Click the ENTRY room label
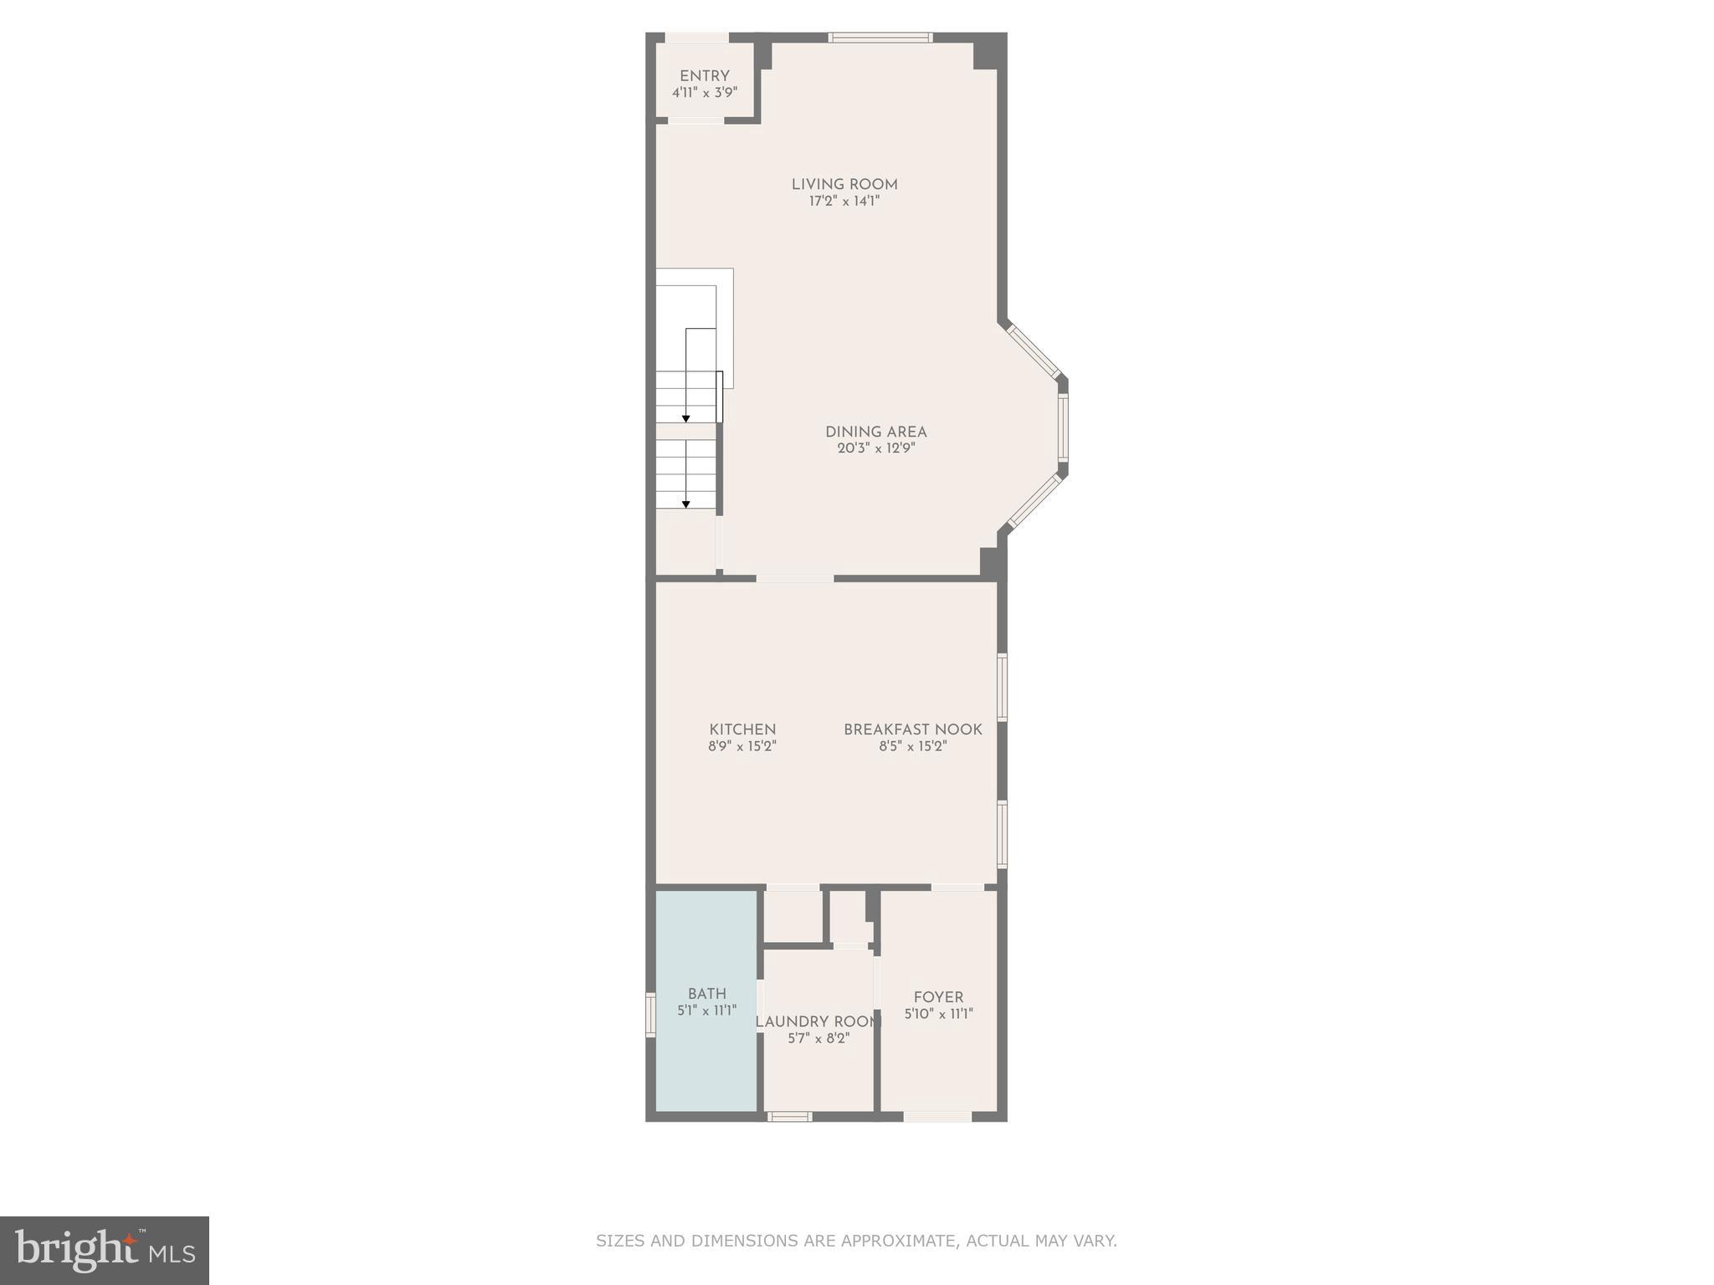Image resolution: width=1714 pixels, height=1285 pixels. click(x=704, y=76)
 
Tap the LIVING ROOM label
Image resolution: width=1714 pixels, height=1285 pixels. click(x=844, y=185)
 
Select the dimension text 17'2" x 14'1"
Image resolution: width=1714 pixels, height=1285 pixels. click(x=844, y=202)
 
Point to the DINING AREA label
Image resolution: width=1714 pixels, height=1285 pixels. click(x=875, y=433)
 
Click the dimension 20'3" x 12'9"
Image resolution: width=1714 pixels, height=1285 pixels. click(x=875, y=448)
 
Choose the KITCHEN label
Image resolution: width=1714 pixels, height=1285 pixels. click(x=742, y=730)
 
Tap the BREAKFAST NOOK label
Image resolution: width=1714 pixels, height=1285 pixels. click(x=912, y=730)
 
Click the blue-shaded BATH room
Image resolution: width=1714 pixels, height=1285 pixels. click(x=706, y=1054)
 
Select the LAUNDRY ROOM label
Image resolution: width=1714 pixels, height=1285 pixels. click(x=818, y=1022)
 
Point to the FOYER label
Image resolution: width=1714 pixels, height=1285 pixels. click(x=938, y=997)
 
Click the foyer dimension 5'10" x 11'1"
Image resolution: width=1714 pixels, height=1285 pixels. click(x=938, y=1014)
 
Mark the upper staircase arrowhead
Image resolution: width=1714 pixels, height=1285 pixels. click(x=686, y=417)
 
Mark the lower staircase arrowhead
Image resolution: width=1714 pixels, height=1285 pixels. click(x=686, y=504)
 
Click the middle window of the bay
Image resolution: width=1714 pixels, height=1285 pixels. click(x=1062, y=427)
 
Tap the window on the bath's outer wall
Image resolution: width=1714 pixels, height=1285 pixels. click(x=650, y=1014)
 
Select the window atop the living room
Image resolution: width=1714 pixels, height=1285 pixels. click(x=880, y=38)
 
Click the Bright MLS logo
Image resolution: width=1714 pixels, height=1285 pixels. click(x=105, y=1250)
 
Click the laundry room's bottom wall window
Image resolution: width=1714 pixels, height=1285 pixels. click(x=789, y=1116)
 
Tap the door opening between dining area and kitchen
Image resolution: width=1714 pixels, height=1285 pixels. click(x=795, y=578)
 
